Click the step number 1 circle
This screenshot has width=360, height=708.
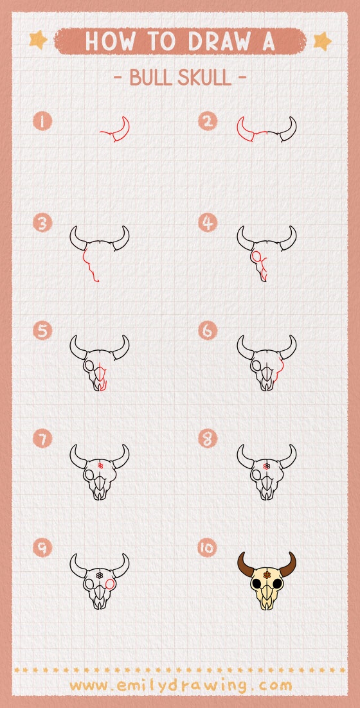[x=42, y=121]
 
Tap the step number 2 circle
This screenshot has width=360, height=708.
[x=207, y=121]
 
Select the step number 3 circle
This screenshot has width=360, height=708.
[x=42, y=223]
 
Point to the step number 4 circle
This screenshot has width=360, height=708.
[x=207, y=223]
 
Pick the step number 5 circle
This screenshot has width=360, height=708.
[x=42, y=331]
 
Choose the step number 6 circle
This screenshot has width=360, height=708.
[x=207, y=331]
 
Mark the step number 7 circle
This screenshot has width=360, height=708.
[x=42, y=439]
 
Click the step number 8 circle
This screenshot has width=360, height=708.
[x=207, y=439]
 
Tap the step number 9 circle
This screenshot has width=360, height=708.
[x=42, y=547]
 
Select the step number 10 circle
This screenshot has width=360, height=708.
[x=207, y=547]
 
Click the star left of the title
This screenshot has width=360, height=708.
[x=38, y=40]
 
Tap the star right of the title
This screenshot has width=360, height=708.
[x=322, y=41]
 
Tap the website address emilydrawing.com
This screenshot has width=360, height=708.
[x=180, y=685]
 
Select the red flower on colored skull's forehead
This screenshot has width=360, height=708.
[x=266, y=574]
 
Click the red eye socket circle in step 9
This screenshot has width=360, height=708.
[x=111, y=584]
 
